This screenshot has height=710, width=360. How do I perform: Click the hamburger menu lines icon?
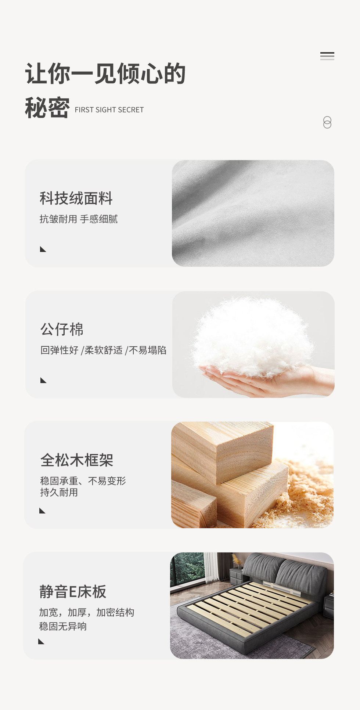point(327,56)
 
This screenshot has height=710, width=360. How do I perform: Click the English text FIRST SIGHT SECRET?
point(109,110)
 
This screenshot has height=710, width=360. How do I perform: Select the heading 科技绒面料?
point(76,198)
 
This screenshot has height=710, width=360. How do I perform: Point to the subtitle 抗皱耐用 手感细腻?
point(79,219)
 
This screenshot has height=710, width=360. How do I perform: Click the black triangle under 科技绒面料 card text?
point(43,249)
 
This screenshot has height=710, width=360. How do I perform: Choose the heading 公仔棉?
point(62,329)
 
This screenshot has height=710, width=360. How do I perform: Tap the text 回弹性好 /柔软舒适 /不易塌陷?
point(103,350)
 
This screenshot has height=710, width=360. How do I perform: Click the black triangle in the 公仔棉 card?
point(43,380)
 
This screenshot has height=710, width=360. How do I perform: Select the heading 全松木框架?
point(77,460)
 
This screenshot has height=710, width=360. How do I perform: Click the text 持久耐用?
point(59,492)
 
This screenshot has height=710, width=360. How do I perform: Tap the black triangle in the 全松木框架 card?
point(42,511)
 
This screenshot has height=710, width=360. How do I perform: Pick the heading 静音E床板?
point(73,591)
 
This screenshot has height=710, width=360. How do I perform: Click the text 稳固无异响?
point(63,626)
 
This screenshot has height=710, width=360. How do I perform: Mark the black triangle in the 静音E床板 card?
point(41,641)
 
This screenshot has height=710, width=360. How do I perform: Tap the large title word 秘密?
point(47,108)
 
